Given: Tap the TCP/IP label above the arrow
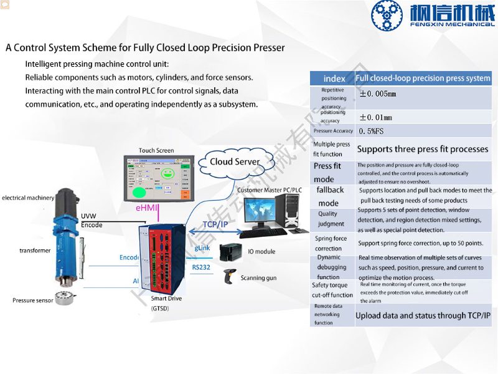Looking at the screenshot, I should click(x=215, y=224).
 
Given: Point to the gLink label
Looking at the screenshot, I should click(x=202, y=248).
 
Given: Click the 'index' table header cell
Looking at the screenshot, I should click(x=334, y=79).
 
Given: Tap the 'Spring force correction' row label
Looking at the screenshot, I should click(x=331, y=243).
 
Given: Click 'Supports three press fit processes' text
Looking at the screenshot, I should click(x=423, y=150).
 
